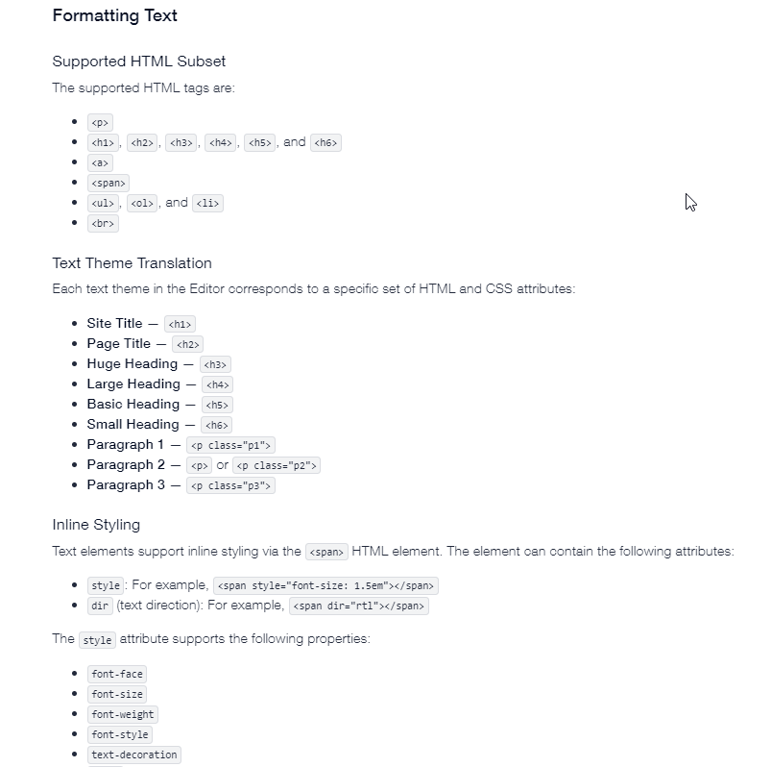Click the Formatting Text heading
click(x=114, y=15)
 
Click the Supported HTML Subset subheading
click(x=138, y=62)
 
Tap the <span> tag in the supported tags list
click(x=108, y=183)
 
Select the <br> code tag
click(x=103, y=223)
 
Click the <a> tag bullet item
click(x=100, y=162)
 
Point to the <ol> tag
click(x=142, y=203)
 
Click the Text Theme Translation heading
click(x=132, y=263)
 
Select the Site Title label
click(x=114, y=324)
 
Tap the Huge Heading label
click(x=132, y=364)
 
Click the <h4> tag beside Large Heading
click(x=218, y=384)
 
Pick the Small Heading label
click(x=133, y=425)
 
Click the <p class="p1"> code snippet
click(x=231, y=445)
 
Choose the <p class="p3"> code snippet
click(x=231, y=485)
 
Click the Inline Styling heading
click(x=96, y=525)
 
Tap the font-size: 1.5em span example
click(x=325, y=585)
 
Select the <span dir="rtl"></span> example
click(x=358, y=606)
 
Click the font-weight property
click(x=123, y=714)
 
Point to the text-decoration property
click(x=134, y=755)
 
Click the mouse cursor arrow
click(x=689, y=202)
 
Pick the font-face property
click(x=117, y=674)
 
